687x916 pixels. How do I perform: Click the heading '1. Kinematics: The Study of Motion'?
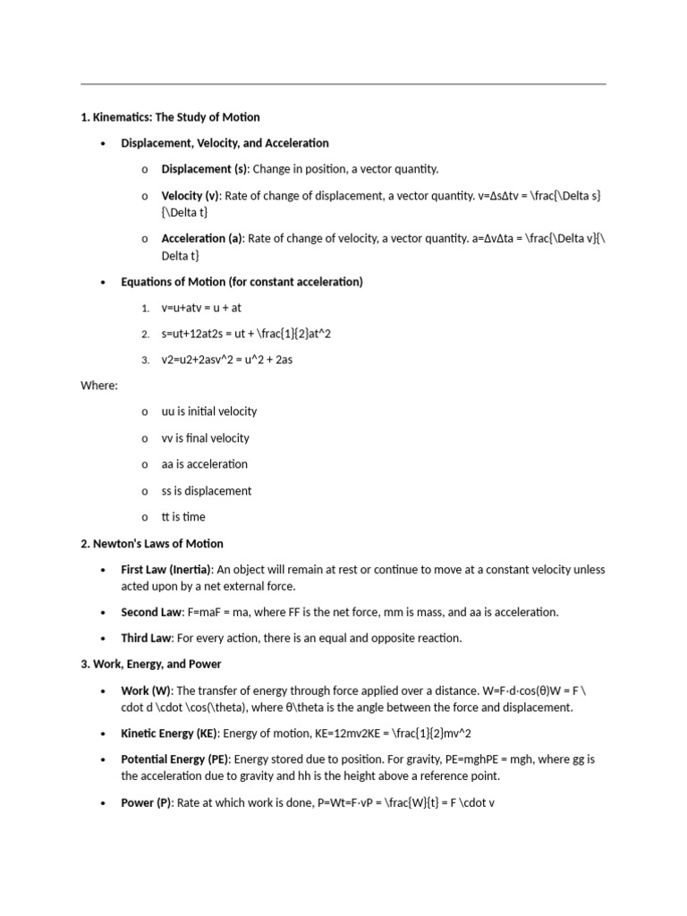click(170, 117)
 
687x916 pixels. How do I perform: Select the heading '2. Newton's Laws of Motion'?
click(152, 544)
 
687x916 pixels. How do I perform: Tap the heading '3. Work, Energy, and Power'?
click(151, 665)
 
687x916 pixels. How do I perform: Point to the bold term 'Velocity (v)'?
click(190, 196)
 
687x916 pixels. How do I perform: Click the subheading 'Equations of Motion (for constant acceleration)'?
click(242, 282)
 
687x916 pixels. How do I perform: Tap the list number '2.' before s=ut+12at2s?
click(145, 335)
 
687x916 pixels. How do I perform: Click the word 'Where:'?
click(99, 386)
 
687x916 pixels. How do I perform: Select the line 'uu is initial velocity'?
click(208, 411)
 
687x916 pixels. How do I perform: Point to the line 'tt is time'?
click(182, 517)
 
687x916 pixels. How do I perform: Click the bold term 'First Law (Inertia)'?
click(165, 570)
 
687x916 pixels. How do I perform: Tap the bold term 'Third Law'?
click(146, 639)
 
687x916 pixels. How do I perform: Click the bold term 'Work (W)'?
click(146, 691)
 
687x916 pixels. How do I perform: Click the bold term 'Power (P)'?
click(146, 803)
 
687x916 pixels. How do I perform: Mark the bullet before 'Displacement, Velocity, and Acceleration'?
click(104, 144)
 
